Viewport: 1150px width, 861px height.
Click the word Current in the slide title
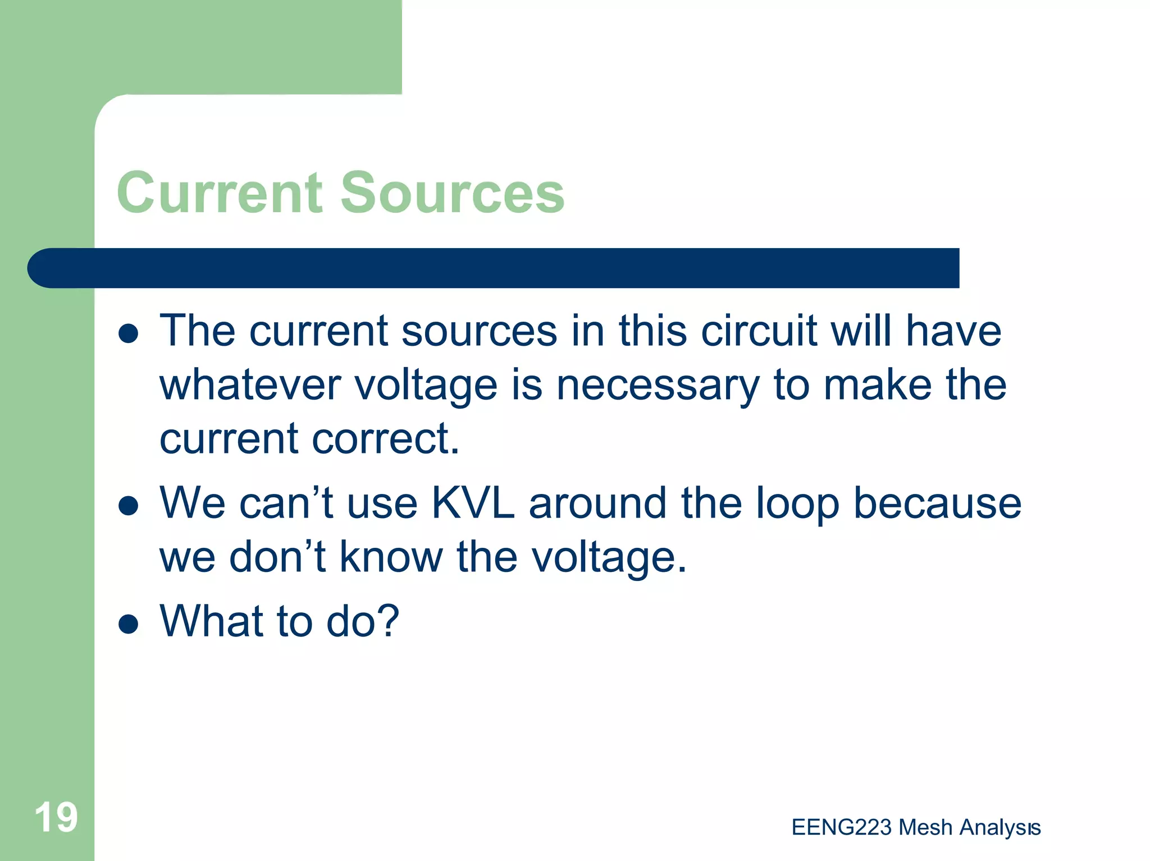click(x=220, y=193)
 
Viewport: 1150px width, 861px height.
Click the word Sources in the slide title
click(x=452, y=193)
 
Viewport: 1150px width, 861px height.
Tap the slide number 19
click(x=56, y=817)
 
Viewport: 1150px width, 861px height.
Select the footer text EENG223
click(x=841, y=827)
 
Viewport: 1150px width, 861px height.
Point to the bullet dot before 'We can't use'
click(x=129, y=505)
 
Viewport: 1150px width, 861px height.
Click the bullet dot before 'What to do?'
click(x=129, y=623)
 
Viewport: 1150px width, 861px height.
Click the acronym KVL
click(x=473, y=503)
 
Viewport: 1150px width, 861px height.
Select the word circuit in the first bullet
click(x=759, y=331)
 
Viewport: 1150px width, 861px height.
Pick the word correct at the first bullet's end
click(x=385, y=438)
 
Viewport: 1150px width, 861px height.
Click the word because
click(x=937, y=503)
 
